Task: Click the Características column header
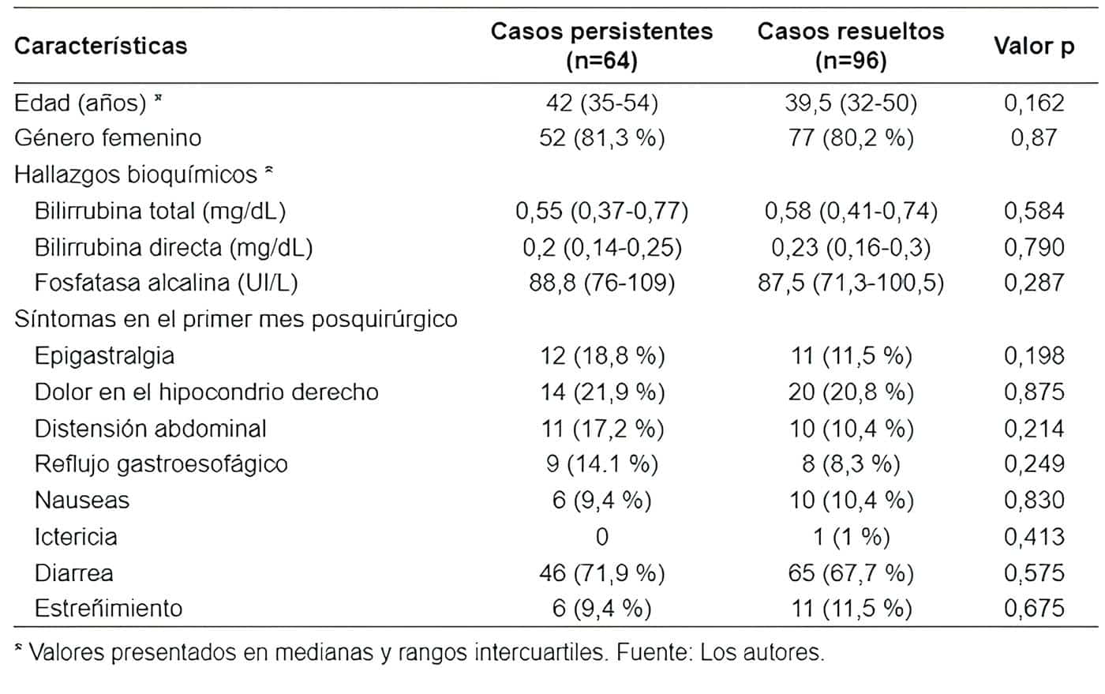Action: tap(100, 46)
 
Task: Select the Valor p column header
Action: tap(1033, 46)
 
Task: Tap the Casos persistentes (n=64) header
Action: tap(601, 45)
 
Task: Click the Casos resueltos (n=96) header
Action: tap(850, 45)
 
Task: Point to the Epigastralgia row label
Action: tap(104, 356)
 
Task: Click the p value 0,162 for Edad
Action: tap(1033, 103)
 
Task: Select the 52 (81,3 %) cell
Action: tap(601, 138)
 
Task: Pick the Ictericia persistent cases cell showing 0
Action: tap(601, 537)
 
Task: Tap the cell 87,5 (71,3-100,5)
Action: tap(850, 283)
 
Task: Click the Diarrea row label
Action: tap(73, 573)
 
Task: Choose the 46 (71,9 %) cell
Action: tap(601, 573)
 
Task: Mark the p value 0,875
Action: tap(1033, 392)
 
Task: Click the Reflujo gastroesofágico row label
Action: tap(161, 464)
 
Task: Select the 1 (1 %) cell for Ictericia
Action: tap(850, 537)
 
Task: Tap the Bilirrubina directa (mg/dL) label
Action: tap(174, 248)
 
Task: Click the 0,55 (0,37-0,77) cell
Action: tap(601, 211)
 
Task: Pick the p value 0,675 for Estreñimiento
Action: tap(1033, 609)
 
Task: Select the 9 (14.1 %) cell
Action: tap(601, 464)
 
